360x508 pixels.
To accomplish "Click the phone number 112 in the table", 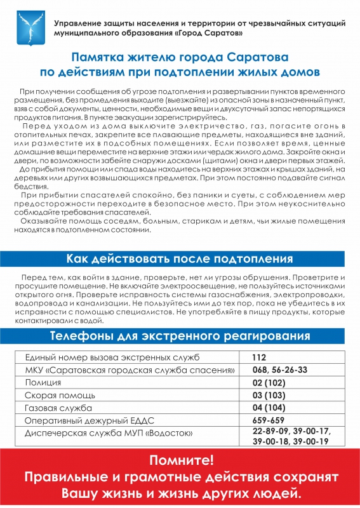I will tap(258, 358).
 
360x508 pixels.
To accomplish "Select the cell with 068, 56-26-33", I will tap(279, 370).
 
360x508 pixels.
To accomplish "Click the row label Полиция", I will tap(43, 383).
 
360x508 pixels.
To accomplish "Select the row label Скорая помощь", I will tap(56, 395).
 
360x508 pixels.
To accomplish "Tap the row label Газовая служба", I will tap(58, 408).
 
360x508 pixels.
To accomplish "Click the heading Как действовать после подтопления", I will tap(180, 258).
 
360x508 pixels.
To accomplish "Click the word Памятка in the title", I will tap(97, 57).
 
